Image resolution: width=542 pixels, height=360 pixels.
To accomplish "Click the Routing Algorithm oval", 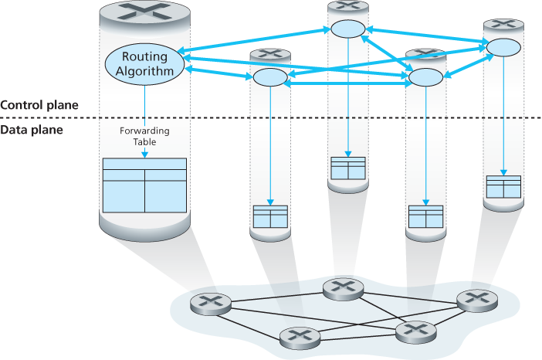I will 144,63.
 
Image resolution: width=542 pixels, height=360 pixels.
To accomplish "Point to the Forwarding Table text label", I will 144,136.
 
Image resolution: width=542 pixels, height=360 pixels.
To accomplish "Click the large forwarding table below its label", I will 144,185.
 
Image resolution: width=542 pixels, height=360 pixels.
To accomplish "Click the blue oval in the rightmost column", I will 503,46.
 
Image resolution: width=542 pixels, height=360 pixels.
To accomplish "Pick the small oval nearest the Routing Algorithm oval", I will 269,77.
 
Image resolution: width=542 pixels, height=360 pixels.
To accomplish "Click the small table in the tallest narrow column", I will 347,168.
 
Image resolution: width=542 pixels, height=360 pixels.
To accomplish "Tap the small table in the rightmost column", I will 503,186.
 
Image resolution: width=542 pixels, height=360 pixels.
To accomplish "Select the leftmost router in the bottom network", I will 206,303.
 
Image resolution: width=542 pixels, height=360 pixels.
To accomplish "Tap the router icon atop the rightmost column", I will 503,25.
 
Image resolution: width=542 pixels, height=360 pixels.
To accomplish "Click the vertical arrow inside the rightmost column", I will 503,116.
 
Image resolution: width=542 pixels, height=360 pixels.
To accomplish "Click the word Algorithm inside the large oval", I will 144,70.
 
